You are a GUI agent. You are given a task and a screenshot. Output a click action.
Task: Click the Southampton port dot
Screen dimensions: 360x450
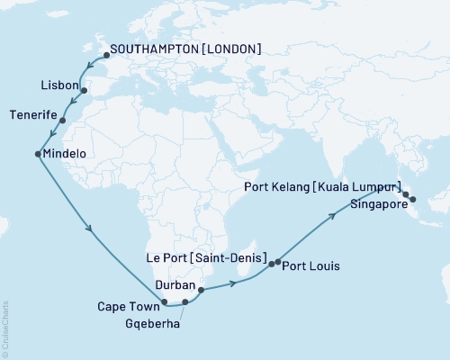coord(106,55)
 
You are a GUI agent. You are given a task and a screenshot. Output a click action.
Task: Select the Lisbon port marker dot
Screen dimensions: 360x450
coord(84,91)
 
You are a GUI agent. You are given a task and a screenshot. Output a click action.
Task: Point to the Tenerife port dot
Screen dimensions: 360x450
coord(62,120)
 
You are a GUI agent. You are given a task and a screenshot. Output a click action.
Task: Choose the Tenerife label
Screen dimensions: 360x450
coord(33,115)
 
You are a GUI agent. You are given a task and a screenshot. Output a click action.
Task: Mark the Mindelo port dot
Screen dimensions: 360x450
coord(37,154)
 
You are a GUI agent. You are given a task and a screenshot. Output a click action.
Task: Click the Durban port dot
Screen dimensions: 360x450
coord(201,290)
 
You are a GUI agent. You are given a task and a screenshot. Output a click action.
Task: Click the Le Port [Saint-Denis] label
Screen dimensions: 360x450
coord(206,258)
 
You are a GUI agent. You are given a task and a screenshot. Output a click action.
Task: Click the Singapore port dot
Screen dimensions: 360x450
coord(412,199)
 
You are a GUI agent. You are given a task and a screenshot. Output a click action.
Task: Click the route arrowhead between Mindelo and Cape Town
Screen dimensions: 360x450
coord(88,229)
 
